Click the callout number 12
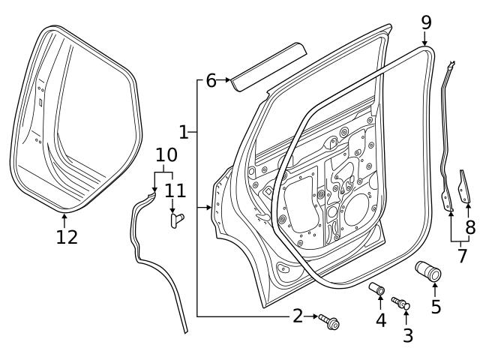click(66, 237)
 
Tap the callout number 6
click(211, 80)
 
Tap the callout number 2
click(298, 316)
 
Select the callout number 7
click(462, 256)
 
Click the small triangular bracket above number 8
click(465, 187)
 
